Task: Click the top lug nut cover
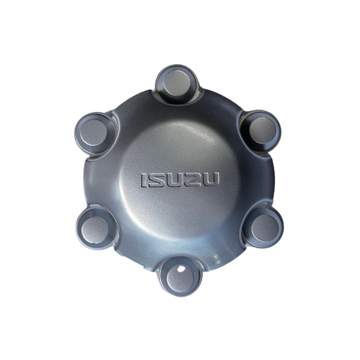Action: coord(176,84)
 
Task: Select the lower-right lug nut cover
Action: coord(263,227)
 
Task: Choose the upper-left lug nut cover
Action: coord(95,131)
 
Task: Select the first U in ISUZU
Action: coord(173,179)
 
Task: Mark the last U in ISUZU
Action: coord(210,179)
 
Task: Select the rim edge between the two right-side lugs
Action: coord(273,179)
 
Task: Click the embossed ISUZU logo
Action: coord(179,179)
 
